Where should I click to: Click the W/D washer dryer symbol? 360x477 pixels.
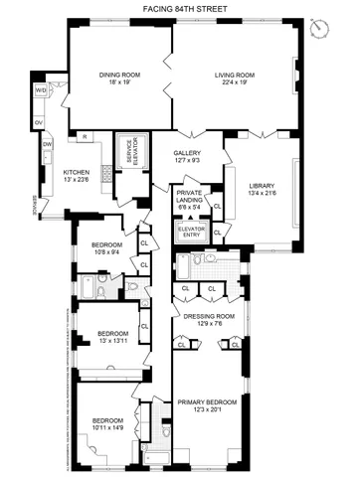click(x=42, y=91)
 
